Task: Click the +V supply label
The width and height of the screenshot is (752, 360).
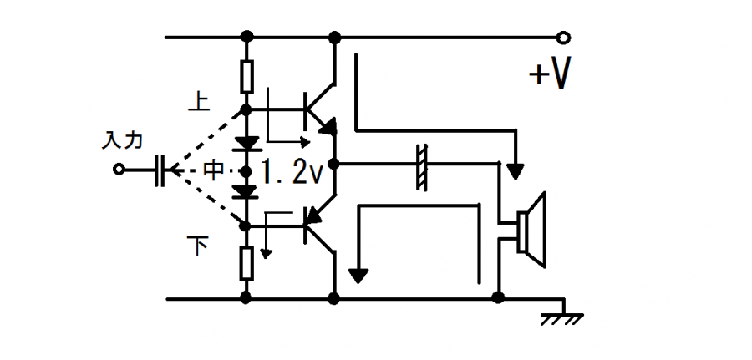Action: (x=550, y=75)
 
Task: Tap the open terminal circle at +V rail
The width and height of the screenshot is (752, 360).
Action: (x=565, y=38)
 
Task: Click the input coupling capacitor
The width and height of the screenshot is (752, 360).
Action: (x=161, y=170)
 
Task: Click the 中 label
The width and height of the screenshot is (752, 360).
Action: (x=214, y=170)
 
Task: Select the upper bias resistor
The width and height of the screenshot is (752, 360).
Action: (x=246, y=77)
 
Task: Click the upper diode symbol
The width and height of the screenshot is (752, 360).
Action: (x=246, y=142)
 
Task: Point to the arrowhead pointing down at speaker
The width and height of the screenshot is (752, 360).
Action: (x=516, y=170)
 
